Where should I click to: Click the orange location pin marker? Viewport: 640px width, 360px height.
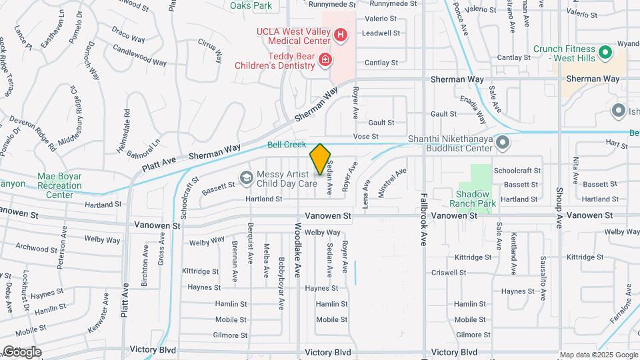[x=321, y=159]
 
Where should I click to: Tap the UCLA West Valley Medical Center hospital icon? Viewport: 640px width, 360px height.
[x=341, y=34]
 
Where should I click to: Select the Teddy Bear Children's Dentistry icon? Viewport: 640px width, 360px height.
[x=325, y=61]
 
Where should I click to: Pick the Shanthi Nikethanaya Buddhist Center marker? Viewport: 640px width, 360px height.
[x=503, y=142]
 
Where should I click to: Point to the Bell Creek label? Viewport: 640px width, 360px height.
[x=287, y=145]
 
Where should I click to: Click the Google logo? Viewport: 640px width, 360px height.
[x=21, y=351]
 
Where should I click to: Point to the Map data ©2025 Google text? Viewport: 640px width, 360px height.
[x=599, y=355]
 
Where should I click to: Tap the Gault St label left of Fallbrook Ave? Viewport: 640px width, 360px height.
[x=381, y=123]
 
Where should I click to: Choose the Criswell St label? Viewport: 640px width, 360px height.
[x=448, y=273]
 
